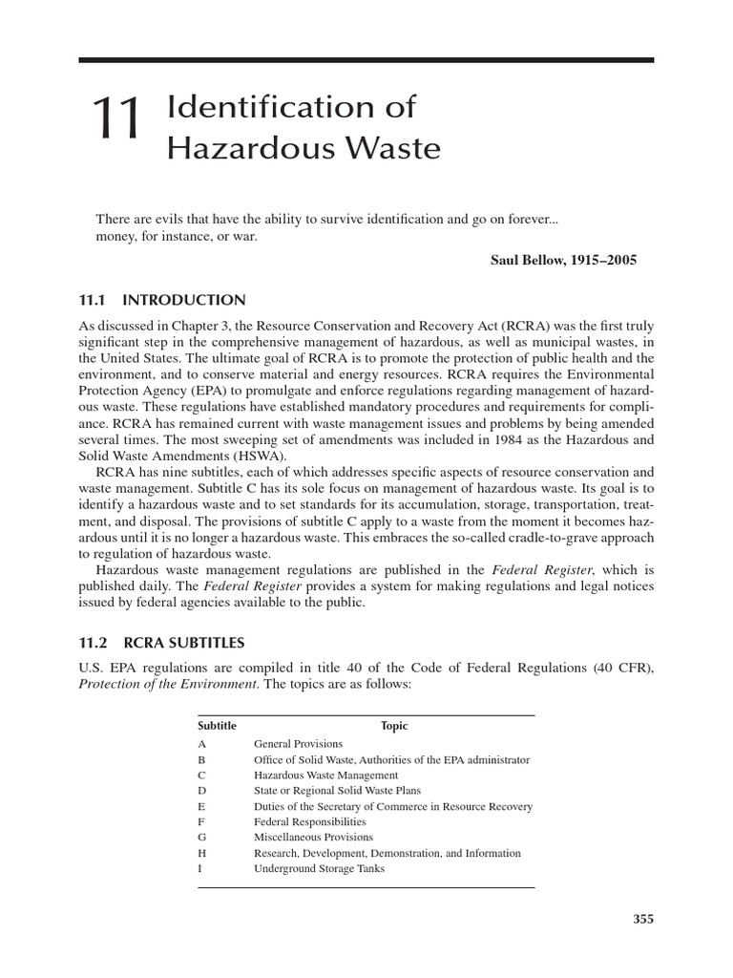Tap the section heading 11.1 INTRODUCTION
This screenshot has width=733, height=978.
(x=161, y=300)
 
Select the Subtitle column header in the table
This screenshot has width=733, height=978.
(x=217, y=726)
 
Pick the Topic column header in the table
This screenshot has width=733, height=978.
(x=394, y=726)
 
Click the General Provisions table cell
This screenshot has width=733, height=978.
(x=298, y=743)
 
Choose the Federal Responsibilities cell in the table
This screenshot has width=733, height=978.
(x=309, y=821)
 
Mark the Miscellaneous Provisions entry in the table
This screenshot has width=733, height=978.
(x=313, y=838)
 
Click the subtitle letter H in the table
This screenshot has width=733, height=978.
(x=201, y=853)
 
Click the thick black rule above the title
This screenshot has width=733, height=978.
(x=366, y=60)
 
